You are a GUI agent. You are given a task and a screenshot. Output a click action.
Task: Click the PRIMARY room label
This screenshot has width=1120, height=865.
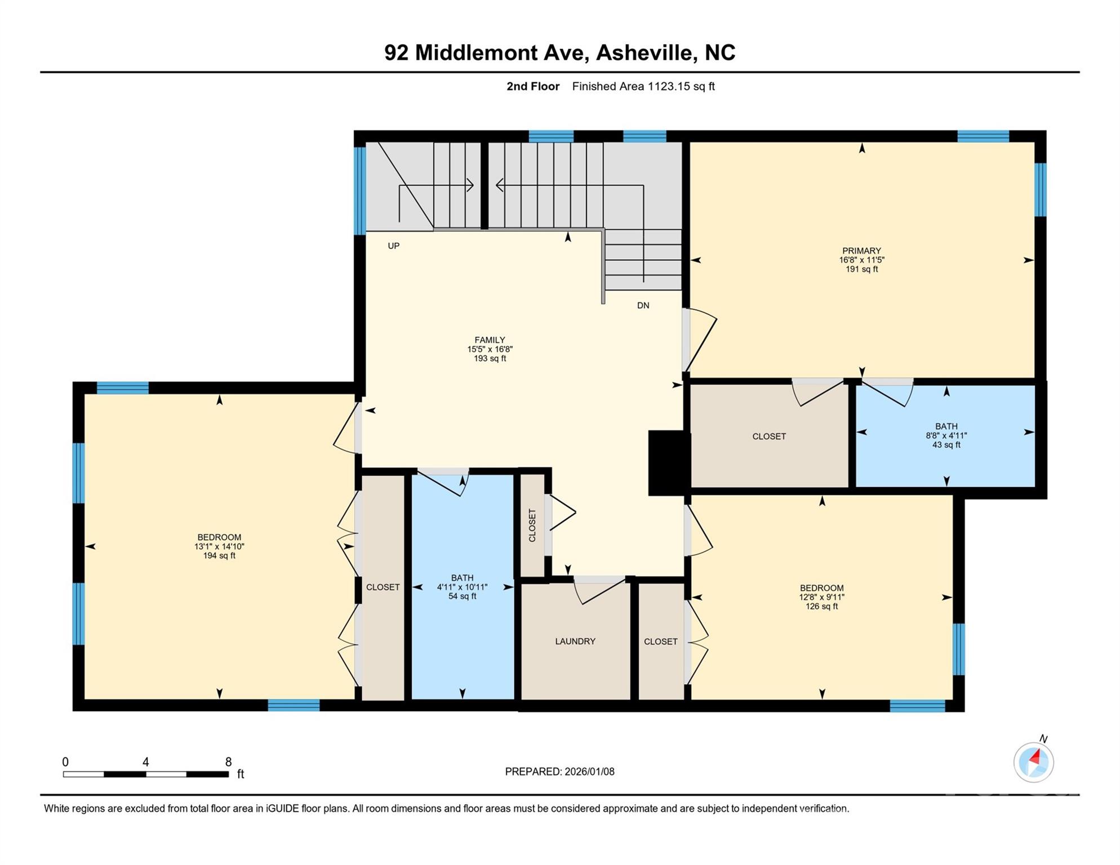pos(861,251)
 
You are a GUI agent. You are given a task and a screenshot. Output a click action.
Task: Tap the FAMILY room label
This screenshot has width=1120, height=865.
pos(489,340)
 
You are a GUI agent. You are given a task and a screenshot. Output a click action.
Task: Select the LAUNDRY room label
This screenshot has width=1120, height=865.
pos(575,641)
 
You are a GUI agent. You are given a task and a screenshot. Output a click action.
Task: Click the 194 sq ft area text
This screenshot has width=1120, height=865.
pos(219,556)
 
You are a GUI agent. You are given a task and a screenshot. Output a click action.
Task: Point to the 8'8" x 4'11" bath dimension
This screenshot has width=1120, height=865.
pos(946,435)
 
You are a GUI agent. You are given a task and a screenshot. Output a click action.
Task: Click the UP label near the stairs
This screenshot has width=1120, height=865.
pos(393,246)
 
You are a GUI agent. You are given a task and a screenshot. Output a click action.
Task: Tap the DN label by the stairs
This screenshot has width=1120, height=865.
pos(643,305)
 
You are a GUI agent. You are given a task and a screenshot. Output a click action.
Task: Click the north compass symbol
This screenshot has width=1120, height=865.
pos(1033,761)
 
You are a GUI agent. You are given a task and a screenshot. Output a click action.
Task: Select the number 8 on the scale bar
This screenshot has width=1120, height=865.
pos(228,762)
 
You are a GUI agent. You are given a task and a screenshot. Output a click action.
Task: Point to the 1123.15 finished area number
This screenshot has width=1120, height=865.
pos(669,86)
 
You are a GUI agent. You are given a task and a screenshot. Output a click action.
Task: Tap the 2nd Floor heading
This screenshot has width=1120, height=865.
pos(532,86)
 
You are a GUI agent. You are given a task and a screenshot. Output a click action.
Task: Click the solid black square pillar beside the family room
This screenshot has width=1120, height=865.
pos(668,463)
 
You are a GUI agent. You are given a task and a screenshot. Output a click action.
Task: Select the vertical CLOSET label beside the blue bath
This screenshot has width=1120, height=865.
pos(532,525)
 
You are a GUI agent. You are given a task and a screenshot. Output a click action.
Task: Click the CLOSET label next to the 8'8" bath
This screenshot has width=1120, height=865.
pos(768,436)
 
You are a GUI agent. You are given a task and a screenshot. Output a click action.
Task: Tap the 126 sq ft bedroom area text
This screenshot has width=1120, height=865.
pos(821,607)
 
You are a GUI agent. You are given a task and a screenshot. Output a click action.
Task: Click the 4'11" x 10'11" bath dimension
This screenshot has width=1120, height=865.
pos(462,587)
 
